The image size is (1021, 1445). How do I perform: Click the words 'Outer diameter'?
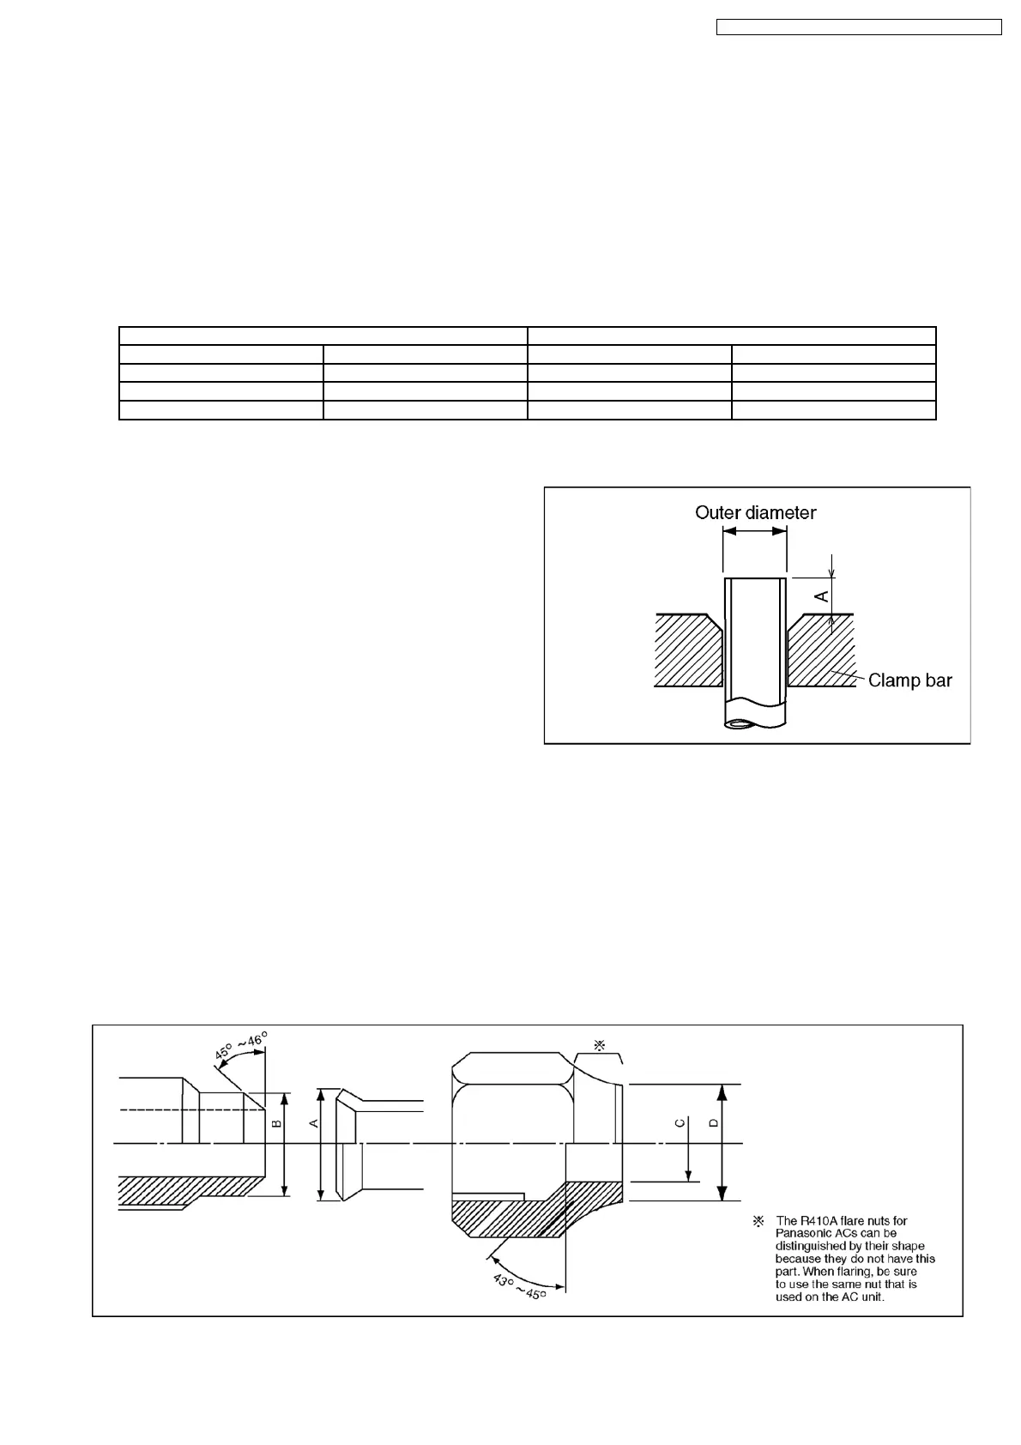(x=755, y=512)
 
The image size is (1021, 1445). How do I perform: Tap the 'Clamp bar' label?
(x=909, y=680)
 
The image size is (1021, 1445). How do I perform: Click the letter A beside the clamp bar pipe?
(x=822, y=594)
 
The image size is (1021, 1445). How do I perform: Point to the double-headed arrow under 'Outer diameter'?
(x=755, y=531)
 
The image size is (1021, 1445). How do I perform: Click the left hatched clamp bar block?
(x=686, y=652)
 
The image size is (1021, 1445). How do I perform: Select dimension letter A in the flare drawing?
(x=313, y=1123)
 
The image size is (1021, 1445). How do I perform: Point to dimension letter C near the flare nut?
(x=680, y=1123)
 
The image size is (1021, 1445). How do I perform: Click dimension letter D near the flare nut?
(x=712, y=1123)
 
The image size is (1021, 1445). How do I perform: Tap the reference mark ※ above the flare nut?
(x=600, y=1045)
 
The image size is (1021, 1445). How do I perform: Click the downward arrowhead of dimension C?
(x=687, y=1175)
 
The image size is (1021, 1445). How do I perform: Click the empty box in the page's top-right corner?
(x=859, y=27)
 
